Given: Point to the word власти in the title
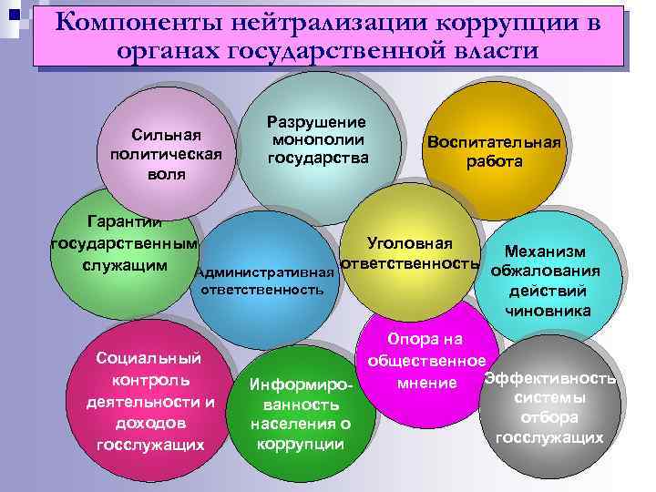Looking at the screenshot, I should click(x=491, y=50).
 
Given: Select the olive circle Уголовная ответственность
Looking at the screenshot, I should click(x=410, y=251).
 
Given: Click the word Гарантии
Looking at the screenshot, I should click(x=124, y=221).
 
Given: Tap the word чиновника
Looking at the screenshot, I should click(x=547, y=312).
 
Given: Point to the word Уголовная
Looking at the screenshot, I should click(x=409, y=243).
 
